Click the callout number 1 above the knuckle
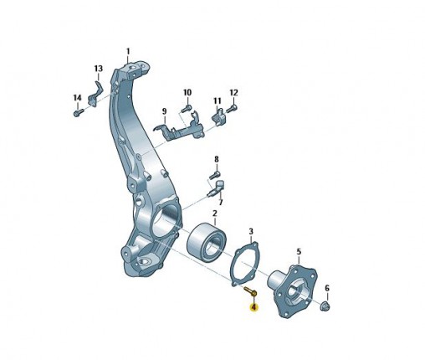(128, 52)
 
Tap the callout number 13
(98, 69)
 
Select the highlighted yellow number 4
(253, 307)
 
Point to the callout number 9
(164, 111)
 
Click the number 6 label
(327, 288)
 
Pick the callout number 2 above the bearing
(215, 213)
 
